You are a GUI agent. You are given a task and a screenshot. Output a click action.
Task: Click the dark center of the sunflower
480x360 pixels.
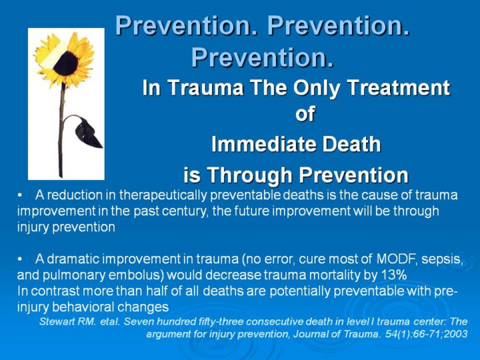[66, 63]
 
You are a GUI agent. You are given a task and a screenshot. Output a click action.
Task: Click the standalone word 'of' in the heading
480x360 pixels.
[305, 114]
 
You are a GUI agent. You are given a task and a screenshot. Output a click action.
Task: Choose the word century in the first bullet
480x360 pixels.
[183, 211]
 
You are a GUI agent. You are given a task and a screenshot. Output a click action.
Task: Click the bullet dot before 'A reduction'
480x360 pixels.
[20, 195]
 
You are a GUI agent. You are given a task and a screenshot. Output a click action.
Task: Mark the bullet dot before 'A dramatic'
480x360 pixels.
[20, 259]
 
